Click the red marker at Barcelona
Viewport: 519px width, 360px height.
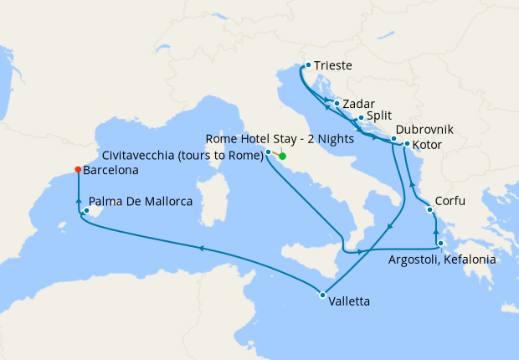pyautogui.click(x=78, y=169)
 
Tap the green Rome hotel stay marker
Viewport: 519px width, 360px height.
pyautogui.click(x=282, y=156)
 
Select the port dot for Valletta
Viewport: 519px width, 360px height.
pyautogui.click(x=322, y=294)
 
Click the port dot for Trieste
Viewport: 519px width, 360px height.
pyautogui.click(x=308, y=64)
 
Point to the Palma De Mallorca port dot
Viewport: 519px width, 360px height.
pyautogui.click(x=85, y=211)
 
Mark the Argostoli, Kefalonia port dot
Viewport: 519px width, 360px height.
pyautogui.click(x=440, y=244)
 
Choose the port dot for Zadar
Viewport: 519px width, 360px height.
pyautogui.click(x=337, y=104)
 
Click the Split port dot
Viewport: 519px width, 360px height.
pyautogui.click(x=361, y=118)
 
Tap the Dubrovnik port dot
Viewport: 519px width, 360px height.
pyautogui.click(x=393, y=138)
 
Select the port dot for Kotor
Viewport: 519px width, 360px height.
pyautogui.click(x=407, y=144)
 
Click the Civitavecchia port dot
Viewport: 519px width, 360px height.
pyautogui.click(x=268, y=152)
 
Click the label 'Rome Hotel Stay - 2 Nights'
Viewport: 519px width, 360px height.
pyautogui.click(x=280, y=139)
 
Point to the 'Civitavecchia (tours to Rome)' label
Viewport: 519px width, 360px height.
pyautogui.click(x=182, y=155)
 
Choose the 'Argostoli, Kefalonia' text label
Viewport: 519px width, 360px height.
pyautogui.click(x=442, y=260)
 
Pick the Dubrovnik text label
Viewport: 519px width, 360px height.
pyautogui.click(x=425, y=130)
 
